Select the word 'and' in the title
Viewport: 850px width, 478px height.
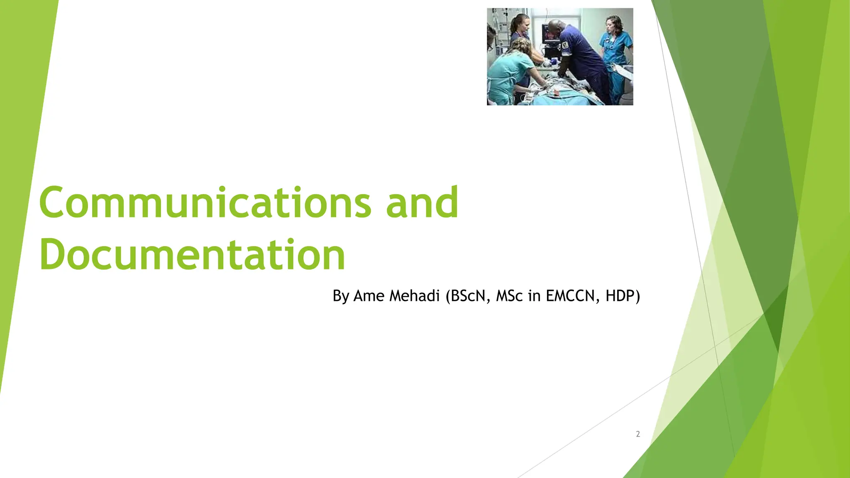(x=422, y=203)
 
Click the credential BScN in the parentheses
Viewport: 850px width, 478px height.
(x=467, y=296)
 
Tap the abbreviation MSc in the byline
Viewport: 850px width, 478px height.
(x=509, y=296)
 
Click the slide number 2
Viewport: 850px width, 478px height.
(x=638, y=434)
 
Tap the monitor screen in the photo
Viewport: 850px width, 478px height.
(x=551, y=33)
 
